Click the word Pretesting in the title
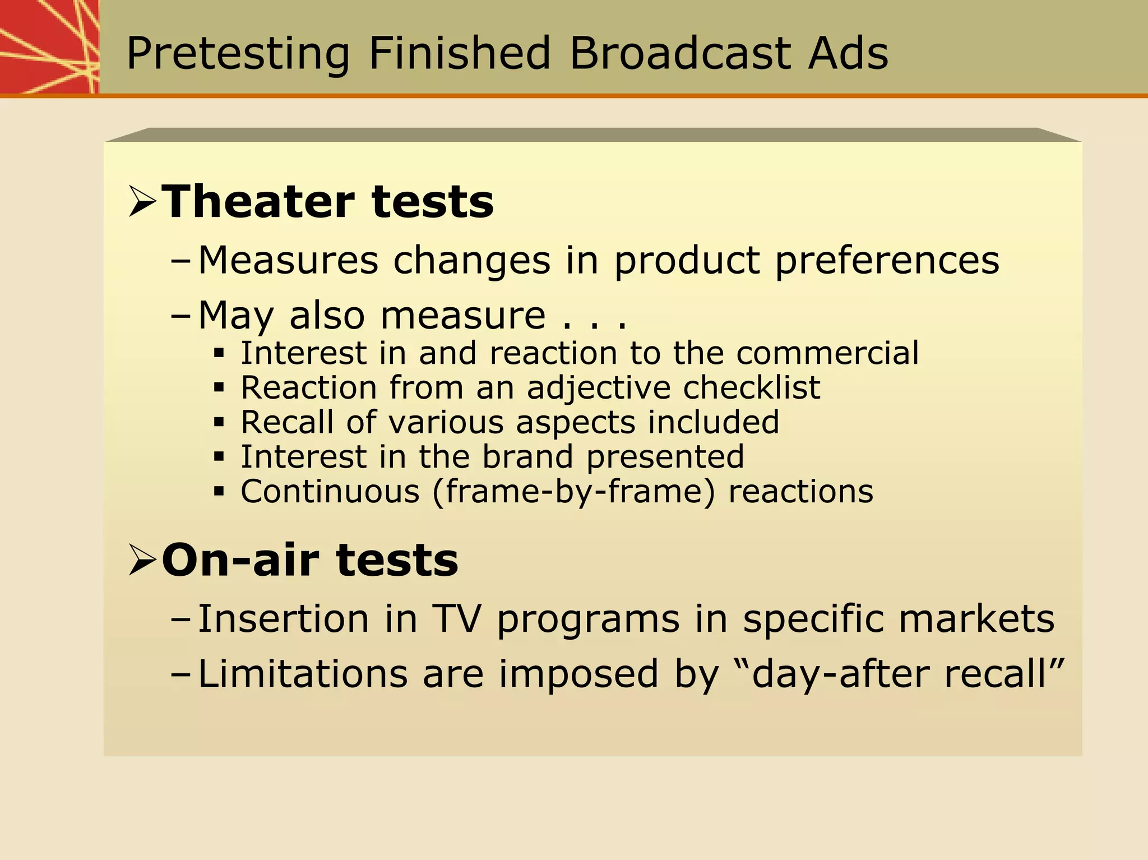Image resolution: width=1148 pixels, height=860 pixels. [238, 54]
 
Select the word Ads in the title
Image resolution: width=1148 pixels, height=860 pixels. [848, 53]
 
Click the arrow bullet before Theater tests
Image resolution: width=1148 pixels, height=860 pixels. [142, 202]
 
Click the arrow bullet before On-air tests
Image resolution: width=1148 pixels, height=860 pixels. [142, 560]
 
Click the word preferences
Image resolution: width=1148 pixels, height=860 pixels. [887, 261]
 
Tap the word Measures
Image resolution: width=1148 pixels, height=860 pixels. [288, 261]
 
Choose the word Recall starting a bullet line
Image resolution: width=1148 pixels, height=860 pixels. [287, 422]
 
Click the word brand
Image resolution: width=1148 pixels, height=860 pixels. [527, 456]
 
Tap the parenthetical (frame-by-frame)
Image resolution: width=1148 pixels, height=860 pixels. [573, 492]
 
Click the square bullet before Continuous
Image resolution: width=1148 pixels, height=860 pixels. [219, 492]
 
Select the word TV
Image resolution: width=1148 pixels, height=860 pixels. [456, 619]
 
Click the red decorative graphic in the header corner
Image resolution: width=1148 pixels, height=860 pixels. [49, 47]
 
